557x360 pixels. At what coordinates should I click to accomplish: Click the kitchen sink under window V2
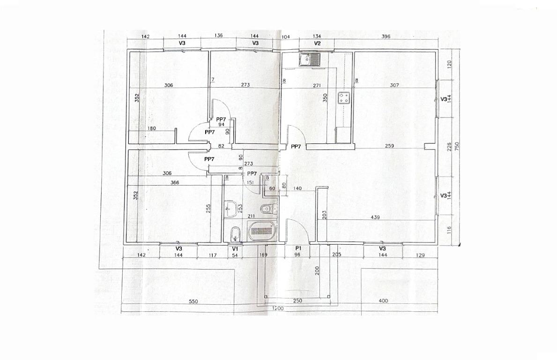pyautogui.click(x=310, y=60)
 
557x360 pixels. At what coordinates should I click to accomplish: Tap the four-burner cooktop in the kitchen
pyautogui.click(x=344, y=98)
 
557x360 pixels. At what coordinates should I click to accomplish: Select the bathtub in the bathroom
pyautogui.click(x=262, y=231)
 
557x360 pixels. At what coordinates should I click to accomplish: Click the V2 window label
pyautogui.click(x=318, y=43)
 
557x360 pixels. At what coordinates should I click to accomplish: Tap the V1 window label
pyautogui.click(x=235, y=249)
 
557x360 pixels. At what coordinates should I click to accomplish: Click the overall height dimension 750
pyautogui.click(x=457, y=146)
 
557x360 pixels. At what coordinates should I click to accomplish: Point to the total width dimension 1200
pyautogui.click(x=278, y=308)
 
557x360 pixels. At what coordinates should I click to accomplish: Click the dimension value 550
pyautogui.click(x=193, y=301)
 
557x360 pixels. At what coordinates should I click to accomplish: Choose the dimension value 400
pyautogui.click(x=383, y=300)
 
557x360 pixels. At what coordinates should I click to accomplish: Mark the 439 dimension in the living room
pyautogui.click(x=375, y=217)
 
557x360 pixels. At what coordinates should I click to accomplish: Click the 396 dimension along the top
pyautogui.click(x=386, y=36)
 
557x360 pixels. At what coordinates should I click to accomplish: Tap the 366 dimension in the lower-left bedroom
pyautogui.click(x=175, y=183)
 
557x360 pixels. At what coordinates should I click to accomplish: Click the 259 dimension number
pyautogui.click(x=389, y=146)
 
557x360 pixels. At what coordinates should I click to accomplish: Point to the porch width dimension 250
pyautogui.click(x=297, y=300)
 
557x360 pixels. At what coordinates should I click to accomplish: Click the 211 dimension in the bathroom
pyautogui.click(x=251, y=216)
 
